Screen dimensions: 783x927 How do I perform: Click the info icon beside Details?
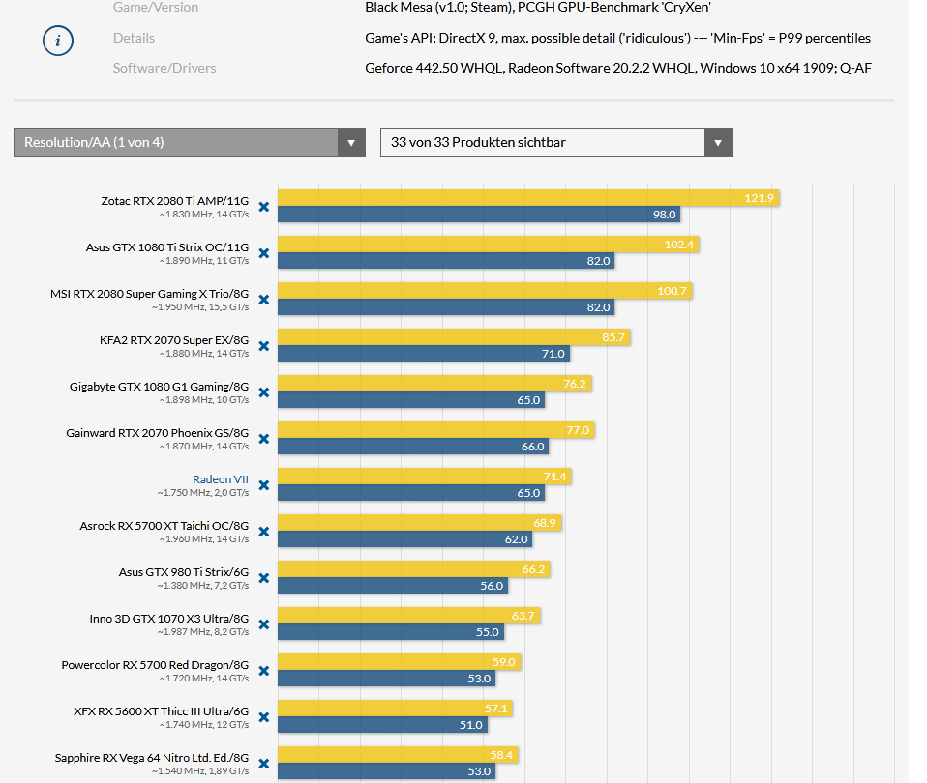click(x=59, y=42)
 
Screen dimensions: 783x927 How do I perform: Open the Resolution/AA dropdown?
click(x=189, y=142)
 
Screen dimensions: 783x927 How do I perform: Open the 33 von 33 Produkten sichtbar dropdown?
click(x=555, y=142)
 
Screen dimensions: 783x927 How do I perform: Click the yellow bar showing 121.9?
click(x=528, y=198)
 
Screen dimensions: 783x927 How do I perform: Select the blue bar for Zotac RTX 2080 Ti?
click(x=479, y=215)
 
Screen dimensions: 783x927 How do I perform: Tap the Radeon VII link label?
click(x=220, y=479)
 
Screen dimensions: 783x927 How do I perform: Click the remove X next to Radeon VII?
click(x=263, y=486)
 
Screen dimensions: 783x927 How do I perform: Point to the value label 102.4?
click(x=679, y=246)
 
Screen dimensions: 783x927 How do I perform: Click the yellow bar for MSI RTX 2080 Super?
click(x=485, y=291)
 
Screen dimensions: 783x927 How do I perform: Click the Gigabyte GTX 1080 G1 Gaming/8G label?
click(x=159, y=387)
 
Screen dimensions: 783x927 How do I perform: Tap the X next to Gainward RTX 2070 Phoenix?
click(x=263, y=440)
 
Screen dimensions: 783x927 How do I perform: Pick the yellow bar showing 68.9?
click(x=419, y=523)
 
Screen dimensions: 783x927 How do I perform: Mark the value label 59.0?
click(x=504, y=663)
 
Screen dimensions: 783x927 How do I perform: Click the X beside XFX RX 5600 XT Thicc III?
click(x=263, y=717)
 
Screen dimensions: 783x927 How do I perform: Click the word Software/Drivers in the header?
click(x=164, y=68)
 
